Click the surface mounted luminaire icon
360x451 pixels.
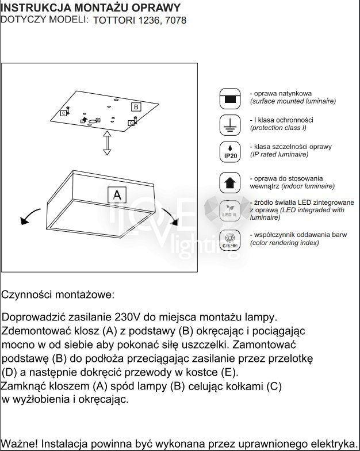click(x=230, y=98)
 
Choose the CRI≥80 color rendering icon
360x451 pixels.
click(x=230, y=240)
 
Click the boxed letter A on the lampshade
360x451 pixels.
click(x=117, y=195)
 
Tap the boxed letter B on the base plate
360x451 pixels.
click(x=136, y=107)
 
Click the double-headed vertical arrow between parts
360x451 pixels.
click(x=106, y=142)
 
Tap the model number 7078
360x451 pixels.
click(x=174, y=20)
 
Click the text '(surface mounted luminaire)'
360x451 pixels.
click(x=293, y=101)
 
